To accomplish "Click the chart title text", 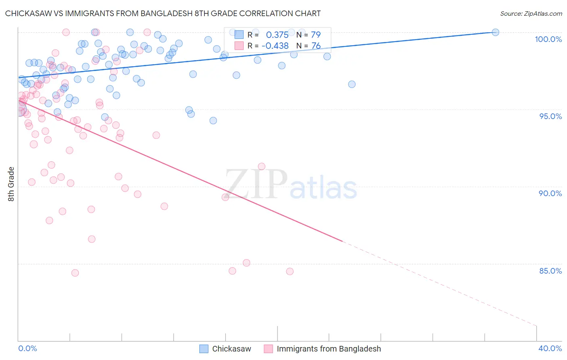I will pyautogui.click(x=163, y=13).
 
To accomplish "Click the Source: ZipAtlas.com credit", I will pyautogui.click(x=531, y=13).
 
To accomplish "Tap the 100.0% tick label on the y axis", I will pyautogui.click(x=548, y=39).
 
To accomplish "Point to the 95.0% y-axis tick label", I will pyautogui.click(x=550, y=116).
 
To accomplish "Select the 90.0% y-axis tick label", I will pyautogui.click(x=550, y=193).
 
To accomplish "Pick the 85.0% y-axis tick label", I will pyautogui.click(x=550, y=271).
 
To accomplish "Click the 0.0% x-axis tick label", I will pyautogui.click(x=28, y=348).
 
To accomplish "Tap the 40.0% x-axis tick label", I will pyautogui.click(x=550, y=348).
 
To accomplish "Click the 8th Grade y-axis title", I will pyautogui.click(x=11, y=184).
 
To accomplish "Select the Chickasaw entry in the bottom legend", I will pyautogui.click(x=231, y=349).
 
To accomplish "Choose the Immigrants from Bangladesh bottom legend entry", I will pyautogui.click(x=329, y=349).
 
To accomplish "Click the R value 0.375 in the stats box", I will pyautogui.click(x=277, y=35).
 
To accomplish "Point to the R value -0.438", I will pyautogui.click(x=275, y=46).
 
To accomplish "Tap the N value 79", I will pyautogui.click(x=316, y=35).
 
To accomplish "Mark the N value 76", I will pyautogui.click(x=316, y=46).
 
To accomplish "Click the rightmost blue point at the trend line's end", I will pyautogui.click(x=496, y=32).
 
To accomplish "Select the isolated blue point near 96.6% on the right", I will pyautogui.click(x=352, y=84).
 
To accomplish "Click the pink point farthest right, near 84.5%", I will pyautogui.click(x=290, y=271).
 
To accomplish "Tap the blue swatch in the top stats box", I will pyautogui.click(x=239, y=35).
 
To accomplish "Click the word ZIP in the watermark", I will pyautogui.click(x=256, y=184).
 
